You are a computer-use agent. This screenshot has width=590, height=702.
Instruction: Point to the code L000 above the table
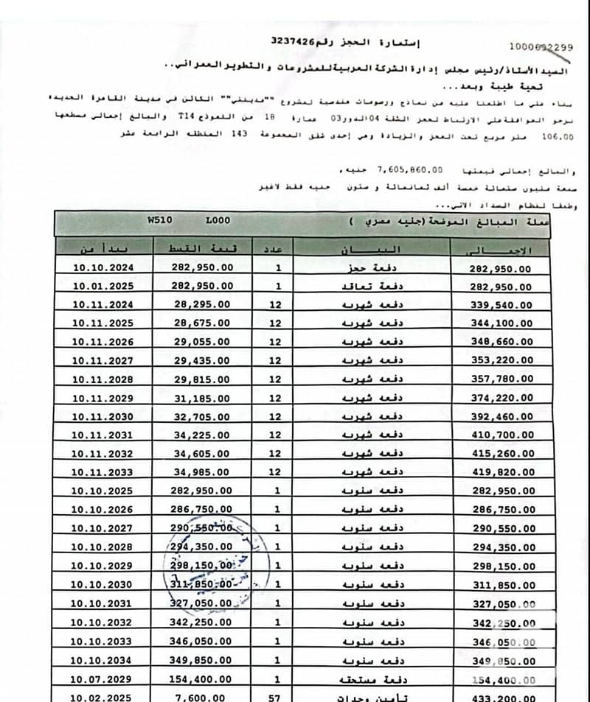click(218, 220)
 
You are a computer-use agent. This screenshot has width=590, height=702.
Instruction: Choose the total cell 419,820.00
click(501, 473)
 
